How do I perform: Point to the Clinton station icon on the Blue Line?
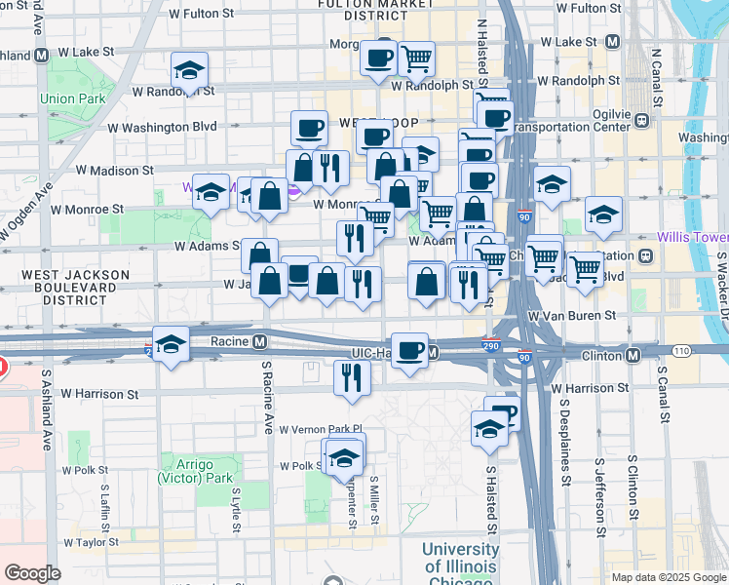(633, 356)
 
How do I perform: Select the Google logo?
(33, 573)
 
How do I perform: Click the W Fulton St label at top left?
(203, 15)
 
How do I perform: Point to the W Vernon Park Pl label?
(320, 429)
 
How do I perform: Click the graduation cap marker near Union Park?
(189, 70)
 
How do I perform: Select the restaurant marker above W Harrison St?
(352, 377)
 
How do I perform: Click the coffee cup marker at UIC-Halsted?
(410, 351)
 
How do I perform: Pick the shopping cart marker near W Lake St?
(417, 58)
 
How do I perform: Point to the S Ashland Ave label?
(45, 409)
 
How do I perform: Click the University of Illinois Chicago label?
(460, 561)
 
